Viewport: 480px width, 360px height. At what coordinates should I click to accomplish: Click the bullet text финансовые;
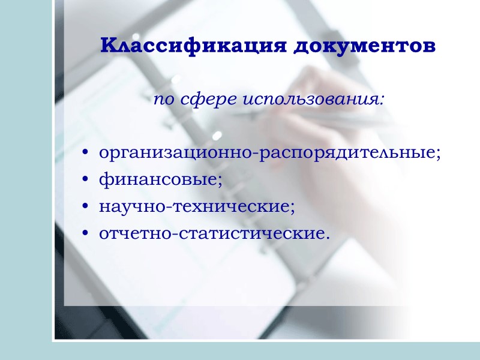click(160, 179)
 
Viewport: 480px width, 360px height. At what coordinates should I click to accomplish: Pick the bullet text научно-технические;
click(197, 206)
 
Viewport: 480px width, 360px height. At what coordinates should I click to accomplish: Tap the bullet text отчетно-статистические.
click(214, 232)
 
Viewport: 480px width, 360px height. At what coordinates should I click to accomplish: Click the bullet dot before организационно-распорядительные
click(86, 154)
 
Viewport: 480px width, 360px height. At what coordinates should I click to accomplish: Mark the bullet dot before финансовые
click(86, 180)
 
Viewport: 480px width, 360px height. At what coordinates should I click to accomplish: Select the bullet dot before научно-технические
click(86, 206)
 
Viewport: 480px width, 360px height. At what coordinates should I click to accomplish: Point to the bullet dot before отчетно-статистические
click(86, 233)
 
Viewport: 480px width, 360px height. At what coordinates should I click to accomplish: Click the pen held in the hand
click(324, 117)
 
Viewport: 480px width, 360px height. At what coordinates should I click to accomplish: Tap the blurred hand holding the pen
click(360, 150)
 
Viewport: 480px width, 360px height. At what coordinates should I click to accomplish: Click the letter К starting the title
click(108, 46)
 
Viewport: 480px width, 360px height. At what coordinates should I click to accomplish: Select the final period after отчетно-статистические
click(328, 236)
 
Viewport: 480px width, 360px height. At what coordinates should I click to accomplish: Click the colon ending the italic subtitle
click(382, 100)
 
